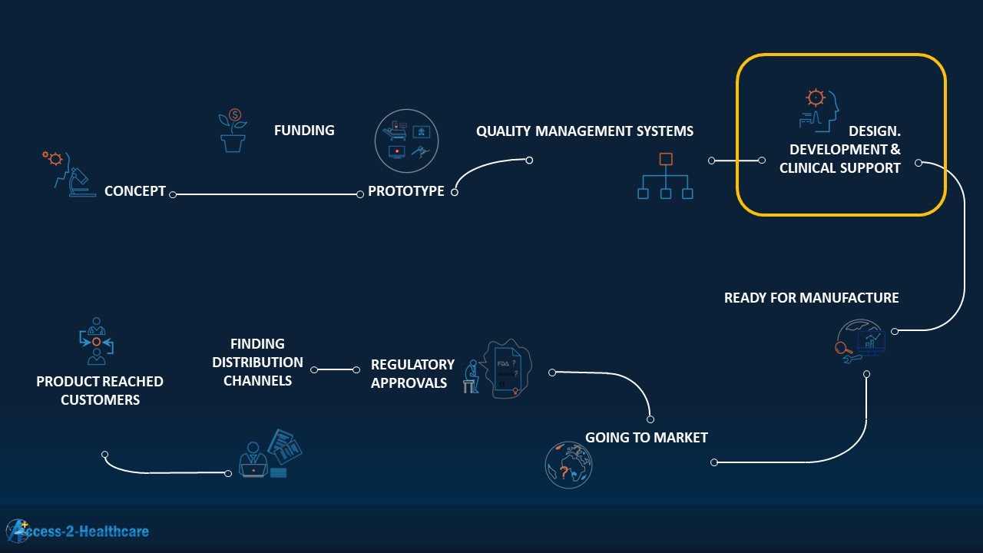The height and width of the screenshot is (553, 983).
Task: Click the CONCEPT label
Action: click(135, 191)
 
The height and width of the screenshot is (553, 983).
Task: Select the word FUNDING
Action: click(304, 131)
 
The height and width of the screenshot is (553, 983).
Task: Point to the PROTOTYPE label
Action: click(405, 191)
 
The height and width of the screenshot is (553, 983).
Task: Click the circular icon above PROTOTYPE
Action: click(406, 141)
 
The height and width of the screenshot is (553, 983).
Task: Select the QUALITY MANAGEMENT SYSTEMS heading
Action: click(584, 131)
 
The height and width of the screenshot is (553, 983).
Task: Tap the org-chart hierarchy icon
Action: click(665, 177)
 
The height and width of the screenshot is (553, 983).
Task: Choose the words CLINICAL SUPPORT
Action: click(840, 168)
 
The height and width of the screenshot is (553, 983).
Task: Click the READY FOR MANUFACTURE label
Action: click(811, 298)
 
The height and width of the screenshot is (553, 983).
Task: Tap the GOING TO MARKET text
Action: click(646, 438)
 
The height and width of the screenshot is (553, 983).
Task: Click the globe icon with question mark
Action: click(569, 465)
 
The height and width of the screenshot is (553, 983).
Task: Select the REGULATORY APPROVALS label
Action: click(412, 373)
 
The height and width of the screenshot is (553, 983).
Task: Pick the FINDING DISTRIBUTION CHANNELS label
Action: click(257, 362)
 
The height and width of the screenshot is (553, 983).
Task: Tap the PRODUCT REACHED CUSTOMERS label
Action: click(100, 390)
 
